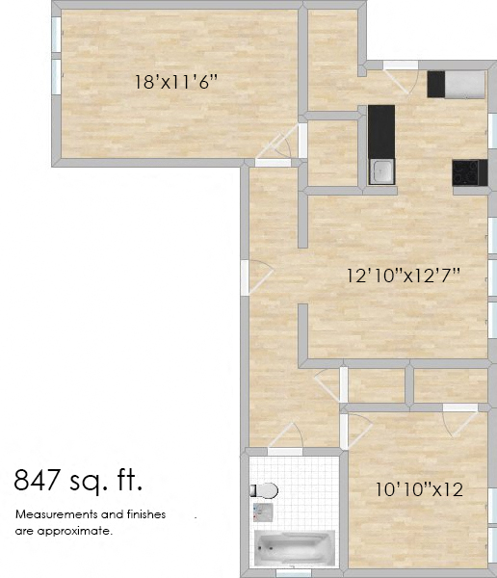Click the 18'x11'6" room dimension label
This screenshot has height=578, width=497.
point(176,82)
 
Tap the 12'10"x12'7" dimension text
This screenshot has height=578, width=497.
point(404,275)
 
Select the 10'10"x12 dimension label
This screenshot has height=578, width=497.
point(419,489)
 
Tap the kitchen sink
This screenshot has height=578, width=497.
point(381,171)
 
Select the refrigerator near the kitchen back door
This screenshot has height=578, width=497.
point(455,84)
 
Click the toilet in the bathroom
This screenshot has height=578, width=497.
point(265,489)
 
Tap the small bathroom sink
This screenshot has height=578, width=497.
point(260,511)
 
